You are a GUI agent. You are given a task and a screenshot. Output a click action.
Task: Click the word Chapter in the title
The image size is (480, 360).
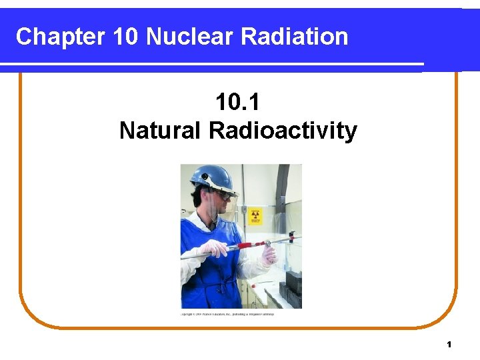[x=59, y=37]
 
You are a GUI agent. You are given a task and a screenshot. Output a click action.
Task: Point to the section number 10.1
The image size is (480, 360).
[x=238, y=103]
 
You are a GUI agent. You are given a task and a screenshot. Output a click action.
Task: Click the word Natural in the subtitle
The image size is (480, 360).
[x=160, y=131]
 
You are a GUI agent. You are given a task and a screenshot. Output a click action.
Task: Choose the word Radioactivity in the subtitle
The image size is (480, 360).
[x=283, y=131]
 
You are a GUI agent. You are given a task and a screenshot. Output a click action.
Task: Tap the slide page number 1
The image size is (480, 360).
[x=449, y=345]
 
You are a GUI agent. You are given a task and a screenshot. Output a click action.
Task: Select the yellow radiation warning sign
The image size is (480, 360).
[x=256, y=215]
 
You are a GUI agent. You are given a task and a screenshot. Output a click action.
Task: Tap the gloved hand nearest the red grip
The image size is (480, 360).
[x=269, y=254]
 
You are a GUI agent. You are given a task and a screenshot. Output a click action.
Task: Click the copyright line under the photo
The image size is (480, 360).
[x=227, y=313]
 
